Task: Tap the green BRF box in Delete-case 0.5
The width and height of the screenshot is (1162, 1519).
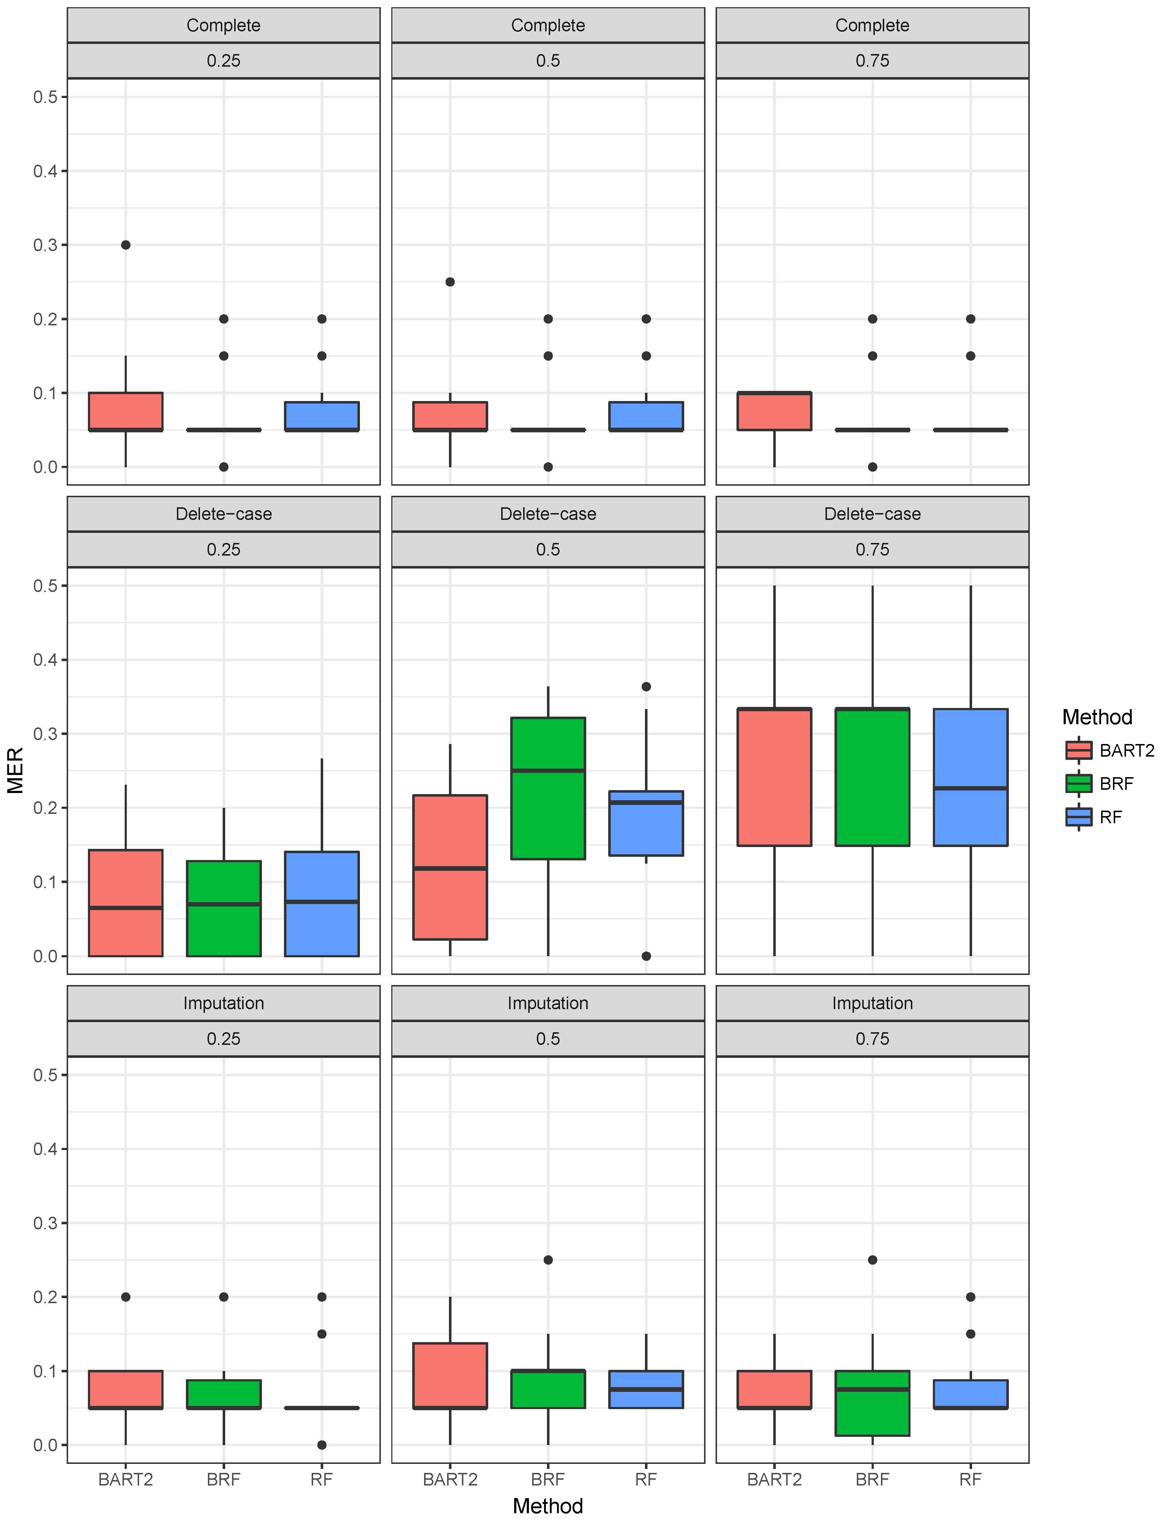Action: click(x=548, y=789)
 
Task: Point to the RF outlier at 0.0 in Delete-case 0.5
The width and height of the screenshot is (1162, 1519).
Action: click(x=646, y=956)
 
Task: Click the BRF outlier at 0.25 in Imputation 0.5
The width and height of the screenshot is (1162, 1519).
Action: click(x=548, y=1260)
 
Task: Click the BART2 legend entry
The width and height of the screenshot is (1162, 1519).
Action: click(x=1110, y=750)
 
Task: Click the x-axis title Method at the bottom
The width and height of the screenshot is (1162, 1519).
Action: click(x=548, y=1506)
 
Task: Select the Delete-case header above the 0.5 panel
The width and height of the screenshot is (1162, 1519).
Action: click(x=548, y=514)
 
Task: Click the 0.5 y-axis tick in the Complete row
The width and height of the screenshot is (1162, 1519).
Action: click(x=46, y=97)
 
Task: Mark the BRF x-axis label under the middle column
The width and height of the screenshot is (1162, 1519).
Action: click(x=548, y=1480)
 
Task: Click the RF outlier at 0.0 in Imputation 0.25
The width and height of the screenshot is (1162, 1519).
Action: click(x=322, y=1445)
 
